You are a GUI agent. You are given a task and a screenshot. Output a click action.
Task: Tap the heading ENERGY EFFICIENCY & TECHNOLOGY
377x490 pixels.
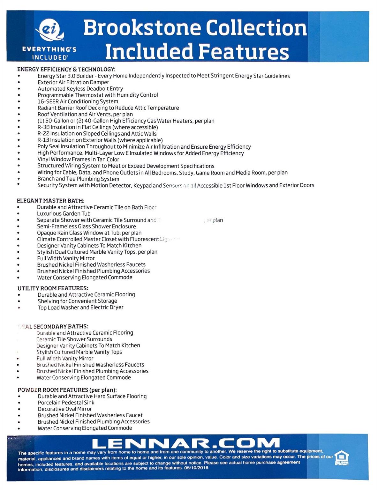pyautogui.click(x=66, y=69)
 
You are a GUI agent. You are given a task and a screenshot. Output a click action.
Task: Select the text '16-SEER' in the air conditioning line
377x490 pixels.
pyautogui.click(x=48, y=101)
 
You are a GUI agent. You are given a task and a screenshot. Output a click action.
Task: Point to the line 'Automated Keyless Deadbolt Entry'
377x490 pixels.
pyautogui.click(x=80, y=89)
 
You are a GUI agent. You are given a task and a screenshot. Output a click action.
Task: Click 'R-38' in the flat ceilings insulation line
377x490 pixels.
pyautogui.click(x=43, y=127)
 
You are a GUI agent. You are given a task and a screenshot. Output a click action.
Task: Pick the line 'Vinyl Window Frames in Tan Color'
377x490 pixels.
pyautogui.click(x=78, y=159)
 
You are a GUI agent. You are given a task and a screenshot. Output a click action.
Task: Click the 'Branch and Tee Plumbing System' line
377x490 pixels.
pyautogui.click(x=78, y=179)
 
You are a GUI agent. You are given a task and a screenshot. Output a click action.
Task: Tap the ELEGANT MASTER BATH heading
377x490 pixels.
pyautogui.click(x=50, y=201)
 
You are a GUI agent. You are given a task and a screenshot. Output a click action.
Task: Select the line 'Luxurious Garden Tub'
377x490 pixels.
pyautogui.click(x=64, y=213)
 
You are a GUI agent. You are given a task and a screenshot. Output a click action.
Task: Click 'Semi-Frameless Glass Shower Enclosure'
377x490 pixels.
pyautogui.click(x=86, y=226)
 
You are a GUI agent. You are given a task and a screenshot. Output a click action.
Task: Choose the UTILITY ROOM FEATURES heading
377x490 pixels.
pyautogui.click(x=53, y=288)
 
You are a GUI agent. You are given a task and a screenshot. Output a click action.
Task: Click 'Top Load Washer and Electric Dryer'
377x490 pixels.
pyautogui.click(x=80, y=307)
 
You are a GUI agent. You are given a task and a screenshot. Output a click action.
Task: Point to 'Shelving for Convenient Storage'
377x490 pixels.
pyautogui.click(x=77, y=301)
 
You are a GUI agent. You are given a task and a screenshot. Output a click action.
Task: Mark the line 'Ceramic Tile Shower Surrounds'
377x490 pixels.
pyautogui.click(x=74, y=339)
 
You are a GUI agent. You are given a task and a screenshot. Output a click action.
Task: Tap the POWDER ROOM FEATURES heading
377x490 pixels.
pyautogui.click(x=67, y=390)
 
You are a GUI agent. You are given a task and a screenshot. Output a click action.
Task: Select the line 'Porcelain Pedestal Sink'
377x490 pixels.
pyautogui.click(x=66, y=403)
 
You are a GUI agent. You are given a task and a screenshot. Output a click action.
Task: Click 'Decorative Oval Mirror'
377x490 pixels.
pyautogui.click(x=65, y=409)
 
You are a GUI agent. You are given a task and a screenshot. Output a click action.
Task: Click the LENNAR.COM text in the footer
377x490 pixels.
pyautogui.click(x=185, y=443)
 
